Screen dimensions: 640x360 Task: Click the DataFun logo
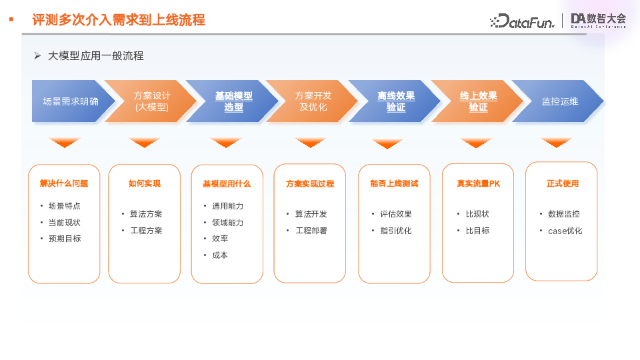pyautogui.click(x=522, y=21)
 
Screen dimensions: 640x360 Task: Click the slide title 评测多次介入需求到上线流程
pyautogui.click(x=118, y=20)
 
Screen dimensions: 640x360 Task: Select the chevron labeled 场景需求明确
pyautogui.click(x=71, y=101)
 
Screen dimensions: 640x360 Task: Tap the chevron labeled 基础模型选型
pyautogui.click(x=233, y=101)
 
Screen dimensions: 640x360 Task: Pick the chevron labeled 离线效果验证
pyautogui.click(x=395, y=101)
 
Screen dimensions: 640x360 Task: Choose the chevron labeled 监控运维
pyautogui.click(x=559, y=101)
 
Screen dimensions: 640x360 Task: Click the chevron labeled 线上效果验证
pyautogui.click(x=478, y=101)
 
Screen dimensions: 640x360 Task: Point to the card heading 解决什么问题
pyautogui.click(x=64, y=183)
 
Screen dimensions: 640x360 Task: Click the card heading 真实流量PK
pyautogui.click(x=478, y=183)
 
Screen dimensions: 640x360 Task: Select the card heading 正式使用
pyautogui.click(x=562, y=183)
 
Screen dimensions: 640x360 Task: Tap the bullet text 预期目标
pyautogui.click(x=65, y=239)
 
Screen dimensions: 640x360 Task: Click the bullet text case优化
pyautogui.click(x=565, y=231)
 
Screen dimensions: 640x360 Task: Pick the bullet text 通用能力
pyautogui.click(x=227, y=206)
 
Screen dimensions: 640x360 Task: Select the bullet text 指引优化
pyautogui.click(x=395, y=231)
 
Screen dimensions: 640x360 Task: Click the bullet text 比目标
pyautogui.click(x=477, y=231)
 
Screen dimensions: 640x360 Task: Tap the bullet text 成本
pyautogui.click(x=220, y=255)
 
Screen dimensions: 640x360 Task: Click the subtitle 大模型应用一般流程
pyautogui.click(x=95, y=56)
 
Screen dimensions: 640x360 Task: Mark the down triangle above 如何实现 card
pyautogui.click(x=145, y=143)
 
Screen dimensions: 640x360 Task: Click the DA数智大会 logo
pyautogui.click(x=599, y=21)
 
